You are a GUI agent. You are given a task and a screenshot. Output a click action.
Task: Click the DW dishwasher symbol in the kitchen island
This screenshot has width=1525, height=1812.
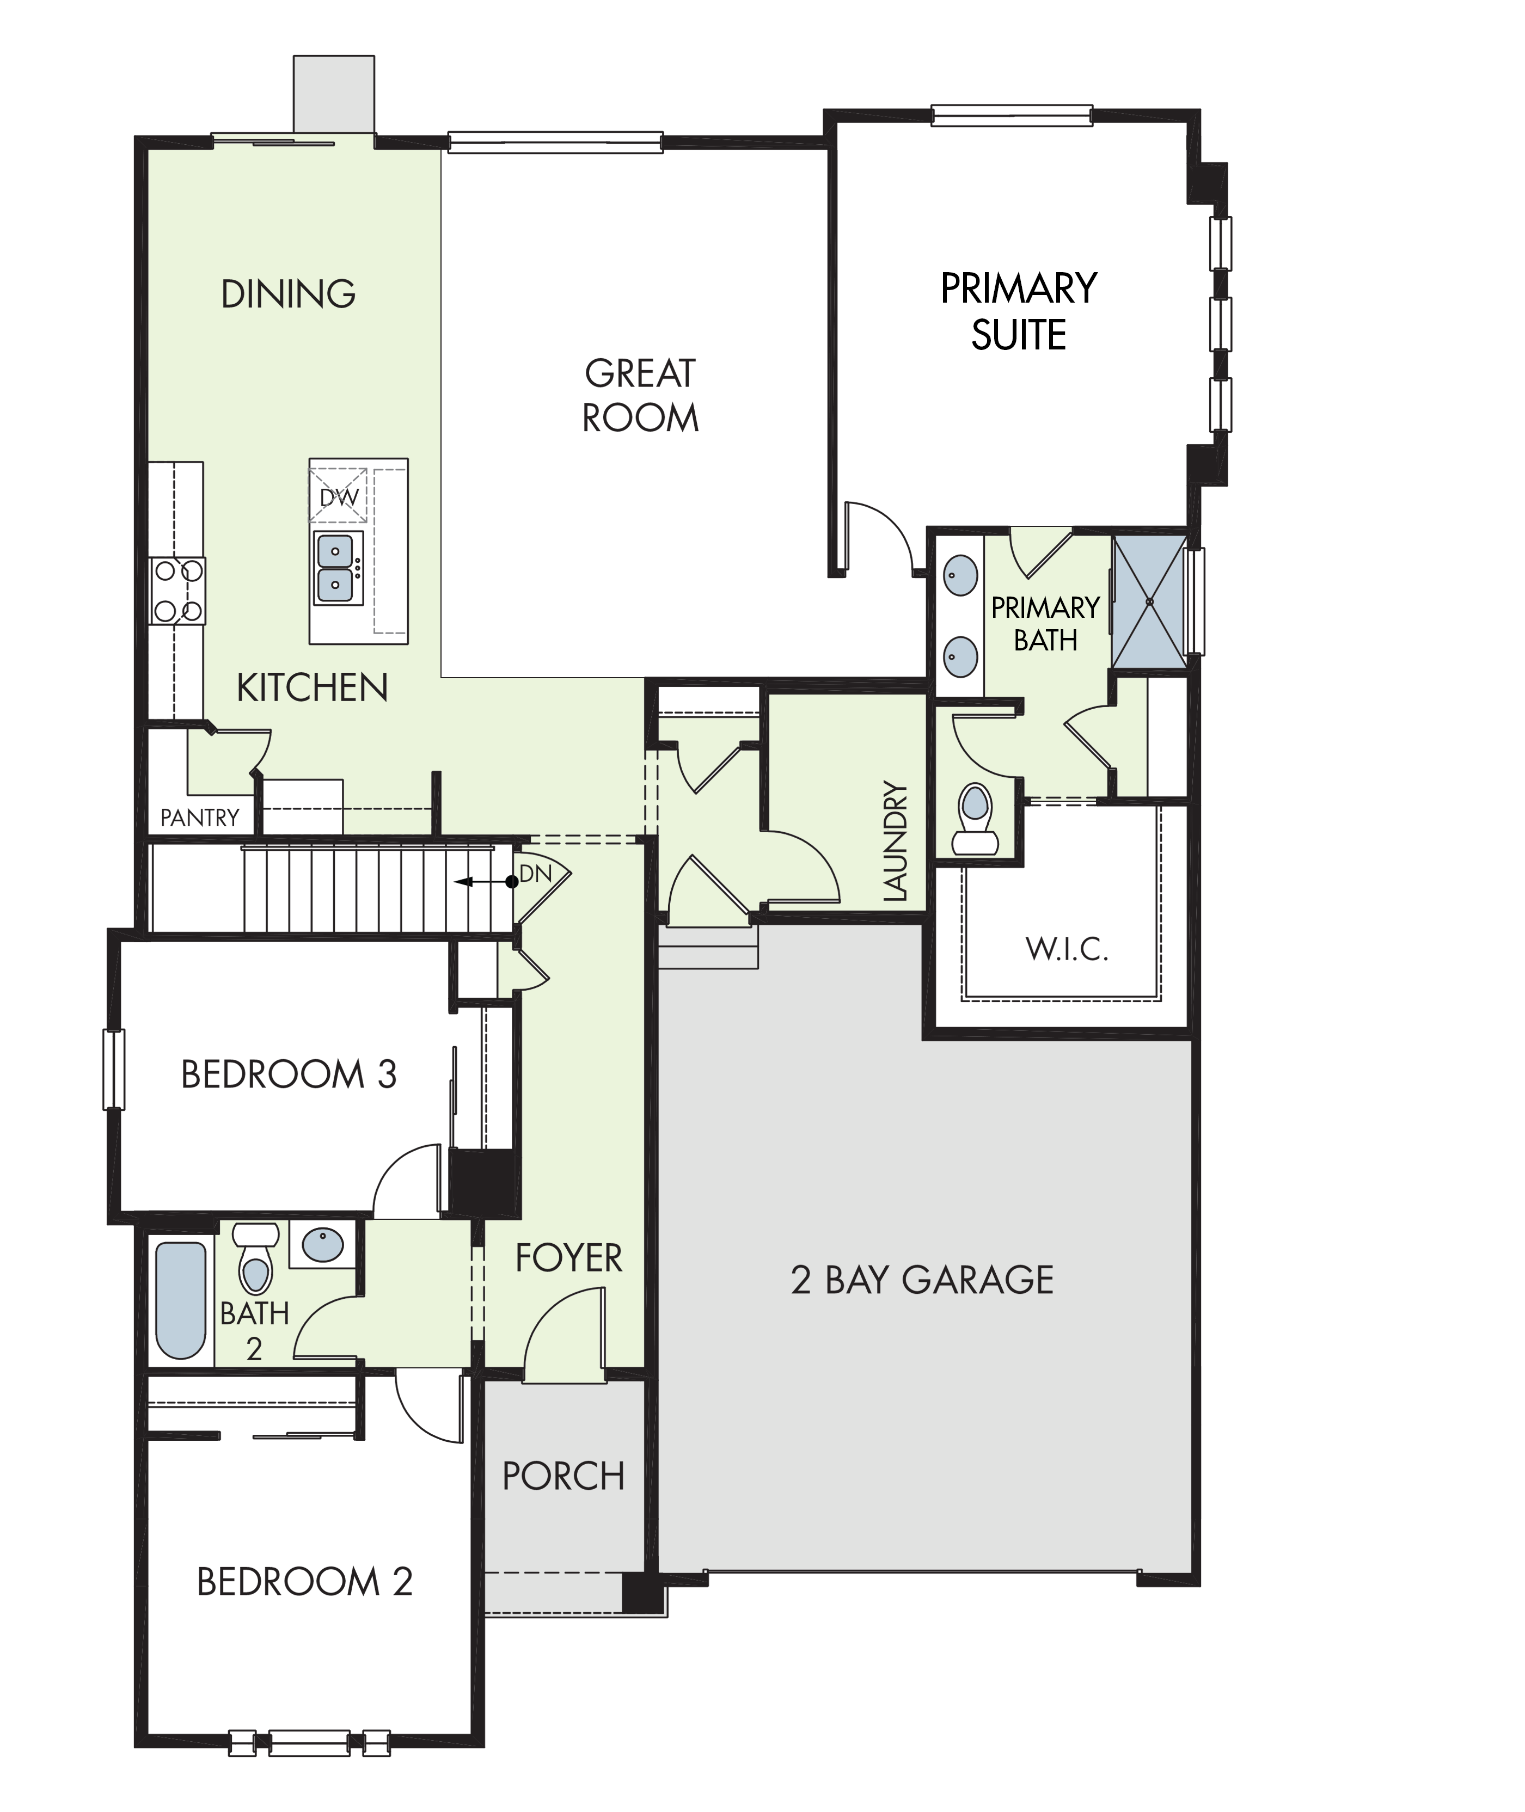click(x=338, y=495)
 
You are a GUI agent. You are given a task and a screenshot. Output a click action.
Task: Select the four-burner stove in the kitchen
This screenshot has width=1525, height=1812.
click(x=177, y=591)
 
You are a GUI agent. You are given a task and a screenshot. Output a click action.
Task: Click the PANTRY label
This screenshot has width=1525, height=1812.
click(x=200, y=818)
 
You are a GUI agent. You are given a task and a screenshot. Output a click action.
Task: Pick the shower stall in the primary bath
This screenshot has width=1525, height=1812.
click(x=1149, y=601)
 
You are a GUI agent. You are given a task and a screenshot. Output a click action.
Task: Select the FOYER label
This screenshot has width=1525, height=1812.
click(x=569, y=1258)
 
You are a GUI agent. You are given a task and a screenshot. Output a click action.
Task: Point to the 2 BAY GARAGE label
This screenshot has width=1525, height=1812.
click(x=922, y=1280)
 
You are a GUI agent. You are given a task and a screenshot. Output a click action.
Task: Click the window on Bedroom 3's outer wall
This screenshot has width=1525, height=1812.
click(x=113, y=1069)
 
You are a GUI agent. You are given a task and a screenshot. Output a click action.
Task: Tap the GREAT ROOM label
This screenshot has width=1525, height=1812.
click(x=641, y=396)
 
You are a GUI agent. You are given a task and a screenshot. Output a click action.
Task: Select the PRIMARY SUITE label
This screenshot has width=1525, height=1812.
click(x=1019, y=311)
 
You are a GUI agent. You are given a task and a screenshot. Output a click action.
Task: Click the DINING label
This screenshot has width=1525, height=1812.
click(x=289, y=294)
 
